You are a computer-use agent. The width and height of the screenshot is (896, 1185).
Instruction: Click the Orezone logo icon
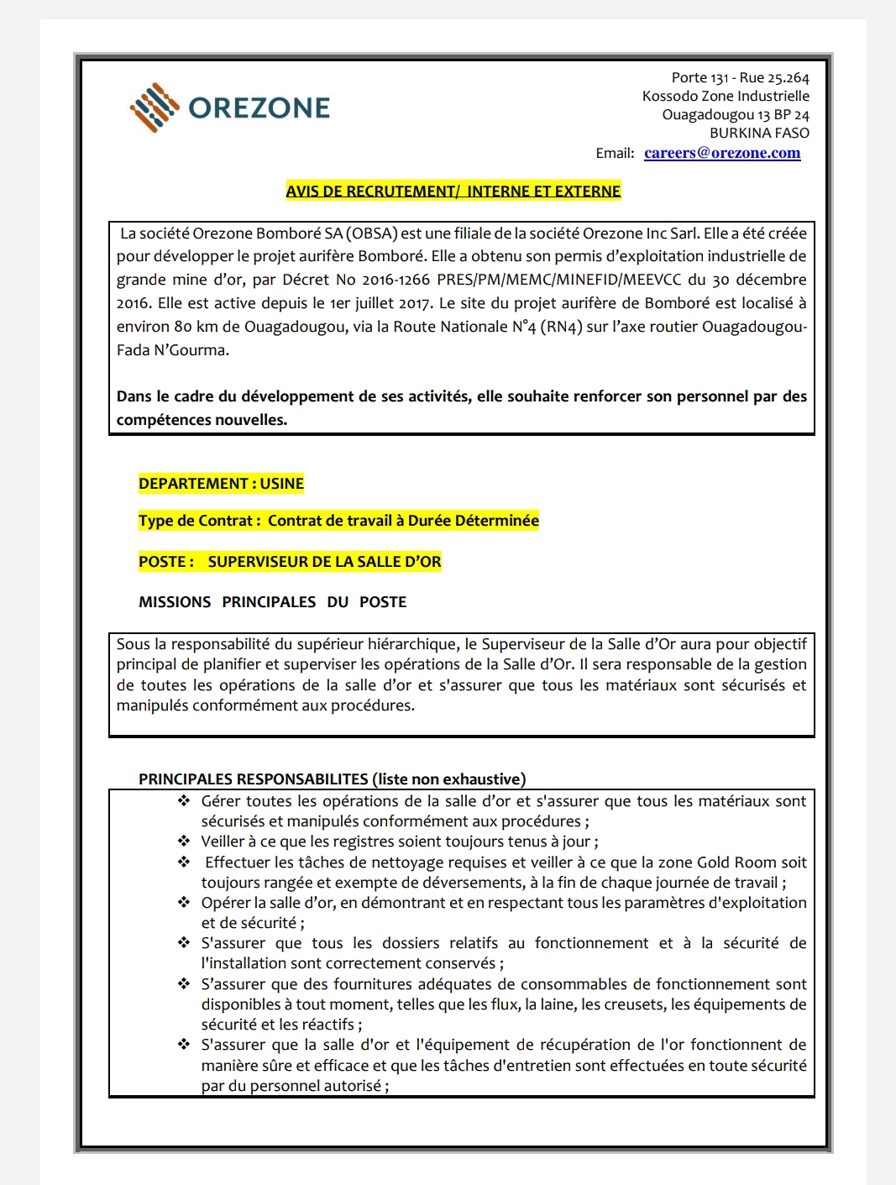pos(154,107)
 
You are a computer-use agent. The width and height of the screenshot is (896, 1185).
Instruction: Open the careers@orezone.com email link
pos(722,153)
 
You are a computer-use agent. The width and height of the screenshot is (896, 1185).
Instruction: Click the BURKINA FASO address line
pos(759,133)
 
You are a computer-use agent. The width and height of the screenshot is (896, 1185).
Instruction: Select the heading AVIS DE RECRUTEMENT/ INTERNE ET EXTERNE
pos(453,191)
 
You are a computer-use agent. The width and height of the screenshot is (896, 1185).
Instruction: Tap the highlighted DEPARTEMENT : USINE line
pos(221,484)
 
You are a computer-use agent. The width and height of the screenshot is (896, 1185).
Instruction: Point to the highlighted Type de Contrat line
pos(338,521)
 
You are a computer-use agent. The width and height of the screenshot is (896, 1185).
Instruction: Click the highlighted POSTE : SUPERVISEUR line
pos(290,562)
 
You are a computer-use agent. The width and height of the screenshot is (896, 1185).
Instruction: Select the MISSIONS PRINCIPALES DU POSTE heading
pos(272,602)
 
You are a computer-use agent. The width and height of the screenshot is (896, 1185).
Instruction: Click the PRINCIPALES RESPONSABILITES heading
pos(332,779)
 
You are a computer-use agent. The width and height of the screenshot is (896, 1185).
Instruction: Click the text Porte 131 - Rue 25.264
pos(740,78)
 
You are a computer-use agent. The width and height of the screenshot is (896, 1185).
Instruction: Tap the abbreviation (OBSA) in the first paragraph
pos(371,233)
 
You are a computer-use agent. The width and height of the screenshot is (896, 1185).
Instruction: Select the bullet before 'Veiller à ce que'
pos(184,841)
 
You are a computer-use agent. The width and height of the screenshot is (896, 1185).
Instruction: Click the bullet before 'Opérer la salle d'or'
pos(184,902)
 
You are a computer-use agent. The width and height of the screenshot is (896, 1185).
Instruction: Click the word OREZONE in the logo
pos(259,108)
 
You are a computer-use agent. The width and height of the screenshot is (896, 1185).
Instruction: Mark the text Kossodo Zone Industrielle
pos(726,97)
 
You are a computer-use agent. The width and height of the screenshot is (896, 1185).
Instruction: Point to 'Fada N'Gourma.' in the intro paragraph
pos(173,350)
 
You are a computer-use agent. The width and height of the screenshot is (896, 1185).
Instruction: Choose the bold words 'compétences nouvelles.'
pos(202,420)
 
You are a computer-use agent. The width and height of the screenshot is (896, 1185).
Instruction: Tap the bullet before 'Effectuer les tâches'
pos(184,862)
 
